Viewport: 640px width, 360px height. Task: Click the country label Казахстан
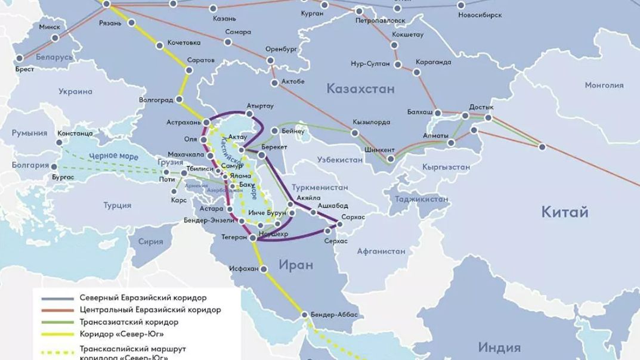pyautogui.click(x=360, y=89)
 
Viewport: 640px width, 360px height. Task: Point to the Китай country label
pyautogui.click(x=564, y=212)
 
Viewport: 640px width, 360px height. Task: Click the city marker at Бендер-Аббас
pyautogui.click(x=305, y=315)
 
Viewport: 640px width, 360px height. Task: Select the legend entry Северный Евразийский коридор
pyautogui.click(x=143, y=297)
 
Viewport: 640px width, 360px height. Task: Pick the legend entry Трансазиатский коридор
pyautogui.click(x=128, y=322)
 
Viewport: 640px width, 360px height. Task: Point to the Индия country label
pyautogui.click(x=499, y=347)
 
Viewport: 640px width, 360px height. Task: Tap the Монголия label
pyautogui.click(x=604, y=85)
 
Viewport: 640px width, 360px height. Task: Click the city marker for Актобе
pyautogui.click(x=274, y=83)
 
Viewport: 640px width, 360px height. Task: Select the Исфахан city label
pyautogui.click(x=243, y=268)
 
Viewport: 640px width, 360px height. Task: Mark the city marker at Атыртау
pyautogui.click(x=249, y=113)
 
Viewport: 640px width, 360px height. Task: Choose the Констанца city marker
pyautogui.click(x=60, y=142)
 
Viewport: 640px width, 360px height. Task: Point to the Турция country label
pyautogui.click(x=117, y=205)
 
